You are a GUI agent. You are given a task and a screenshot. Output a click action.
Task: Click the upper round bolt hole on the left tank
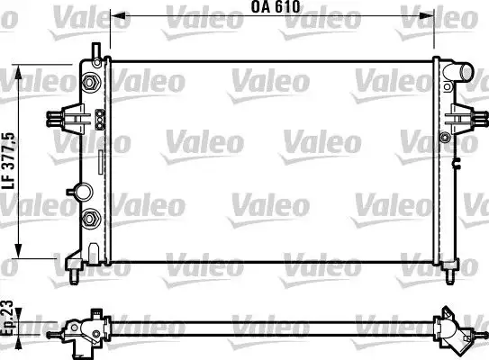91,83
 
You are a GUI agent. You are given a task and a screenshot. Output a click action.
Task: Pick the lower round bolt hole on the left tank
91,219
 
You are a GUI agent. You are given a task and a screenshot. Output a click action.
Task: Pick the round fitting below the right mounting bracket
445,138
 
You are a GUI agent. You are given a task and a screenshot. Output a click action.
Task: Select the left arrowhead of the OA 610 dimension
114,14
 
